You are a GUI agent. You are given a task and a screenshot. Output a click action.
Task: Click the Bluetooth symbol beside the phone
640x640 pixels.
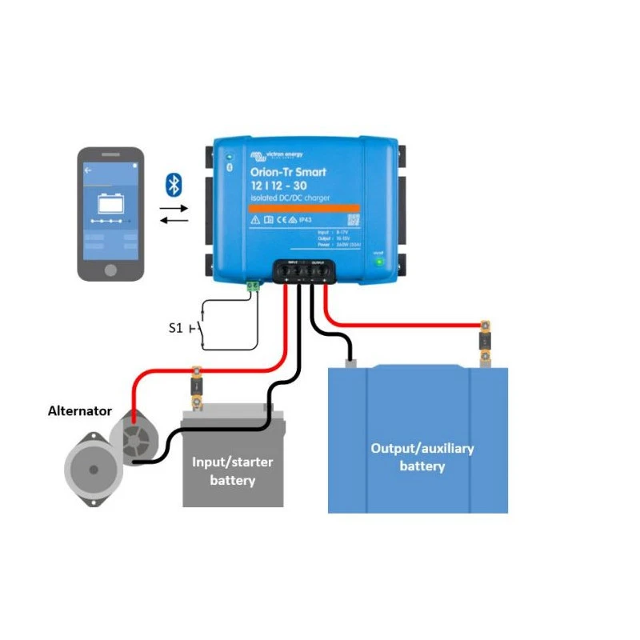click(173, 184)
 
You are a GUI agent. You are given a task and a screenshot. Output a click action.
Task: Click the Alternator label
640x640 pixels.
click(80, 410)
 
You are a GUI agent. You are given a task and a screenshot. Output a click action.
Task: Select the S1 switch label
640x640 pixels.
click(177, 327)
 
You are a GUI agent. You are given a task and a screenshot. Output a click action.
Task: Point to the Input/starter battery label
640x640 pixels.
click(232, 471)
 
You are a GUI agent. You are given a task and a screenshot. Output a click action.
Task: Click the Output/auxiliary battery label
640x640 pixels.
click(422, 457)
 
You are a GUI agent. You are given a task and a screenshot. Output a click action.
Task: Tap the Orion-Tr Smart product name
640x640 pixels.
click(288, 172)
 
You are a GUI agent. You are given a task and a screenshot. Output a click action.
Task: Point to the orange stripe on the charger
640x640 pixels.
click(304, 207)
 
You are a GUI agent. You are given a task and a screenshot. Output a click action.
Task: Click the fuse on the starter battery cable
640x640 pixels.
click(196, 386)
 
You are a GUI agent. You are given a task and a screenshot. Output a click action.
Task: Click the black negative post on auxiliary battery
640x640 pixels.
click(350, 361)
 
